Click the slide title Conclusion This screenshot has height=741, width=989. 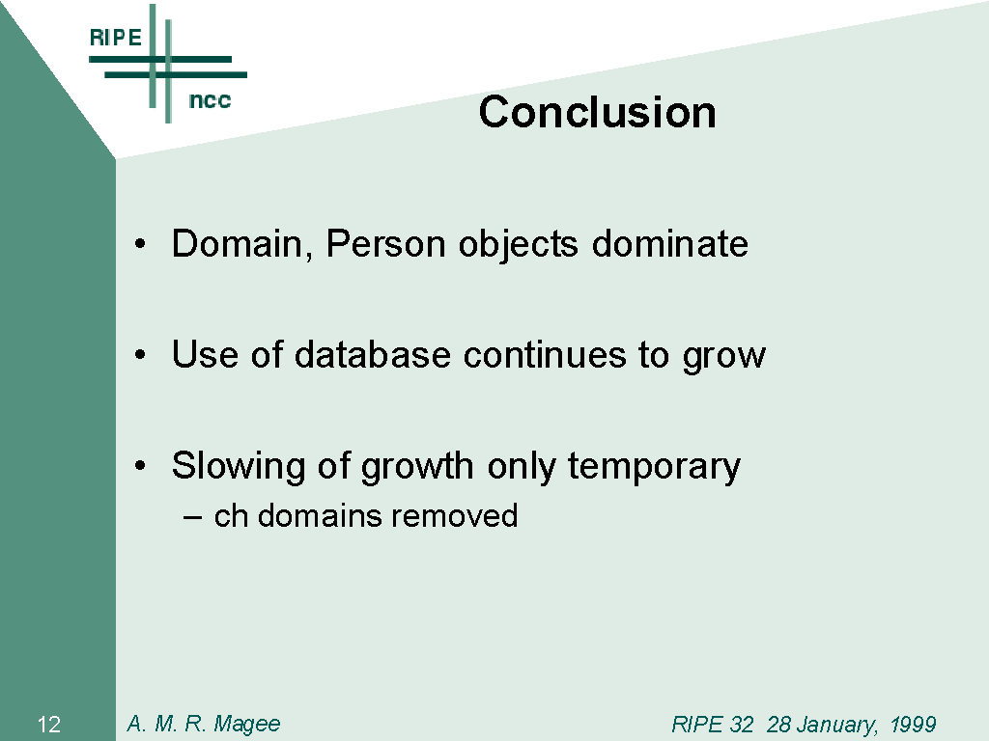pyautogui.click(x=597, y=112)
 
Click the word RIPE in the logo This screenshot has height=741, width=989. pyautogui.click(x=116, y=38)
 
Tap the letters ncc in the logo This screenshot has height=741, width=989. pyautogui.click(x=210, y=100)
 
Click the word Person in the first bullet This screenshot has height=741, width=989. pyautogui.click(x=385, y=243)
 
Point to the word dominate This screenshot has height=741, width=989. pyautogui.click(x=670, y=243)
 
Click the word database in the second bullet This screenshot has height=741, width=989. pyautogui.click(x=372, y=354)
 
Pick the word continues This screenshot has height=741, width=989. pyautogui.click(x=545, y=354)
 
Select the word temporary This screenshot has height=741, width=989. pyautogui.click(x=654, y=467)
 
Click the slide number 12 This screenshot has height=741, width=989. pyautogui.click(x=49, y=725)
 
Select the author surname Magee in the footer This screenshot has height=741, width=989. pyautogui.click(x=246, y=724)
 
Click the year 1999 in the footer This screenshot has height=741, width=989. pyautogui.click(x=913, y=724)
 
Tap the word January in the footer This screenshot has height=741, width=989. pyautogui.click(x=822, y=725)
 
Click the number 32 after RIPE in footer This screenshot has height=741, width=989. pyautogui.click(x=741, y=724)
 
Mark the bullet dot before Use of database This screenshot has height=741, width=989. pyautogui.click(x=140, y=355)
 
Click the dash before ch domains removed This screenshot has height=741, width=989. pyautogui.click(x=192, y=518)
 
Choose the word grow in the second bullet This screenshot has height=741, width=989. pyautogui.click(x=724, y=357)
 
